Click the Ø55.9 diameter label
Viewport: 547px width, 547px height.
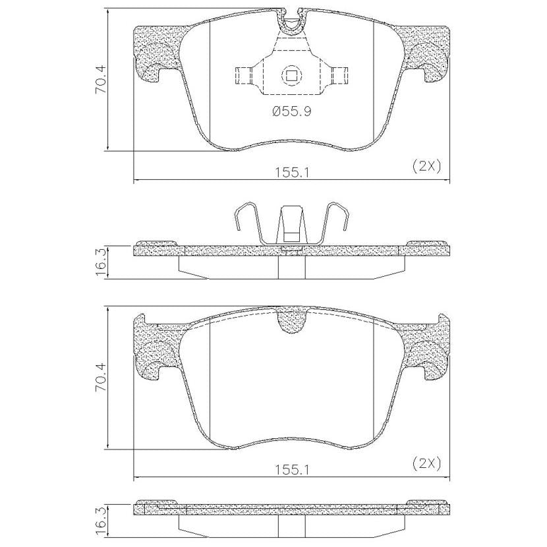(292, 111)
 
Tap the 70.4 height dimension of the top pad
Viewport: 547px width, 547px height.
(101, 80)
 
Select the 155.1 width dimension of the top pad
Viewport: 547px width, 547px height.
(292, 172)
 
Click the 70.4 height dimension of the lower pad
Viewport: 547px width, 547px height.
(101, 378)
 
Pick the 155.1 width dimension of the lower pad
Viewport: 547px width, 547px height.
(292, 470)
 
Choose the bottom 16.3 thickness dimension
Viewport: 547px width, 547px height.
(101, 521)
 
